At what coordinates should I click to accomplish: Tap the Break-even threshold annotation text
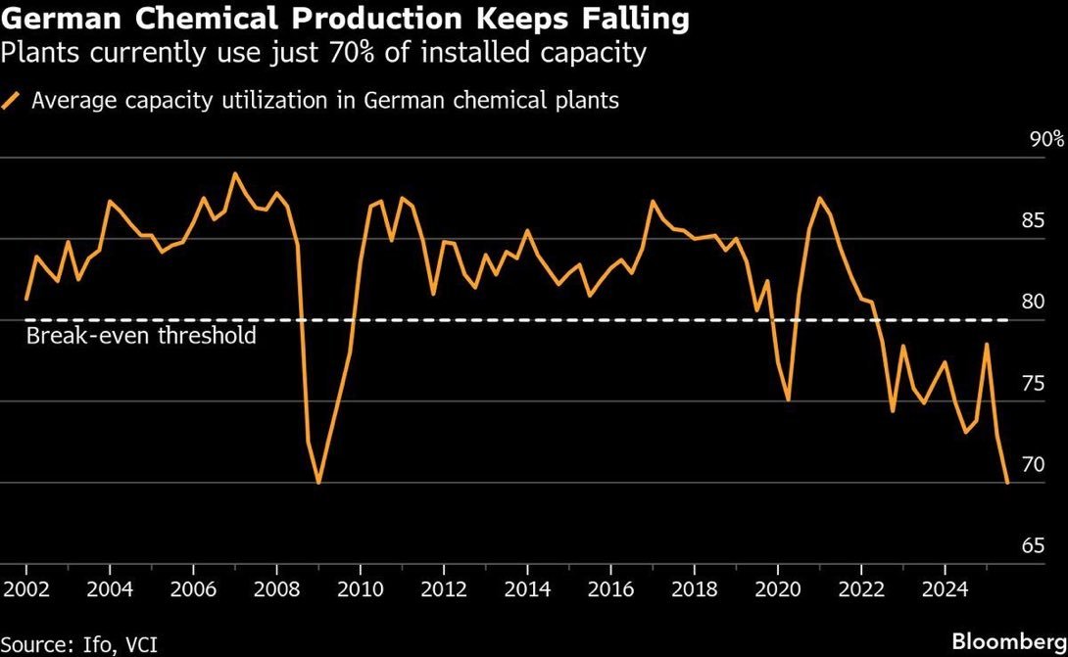coord(141,336)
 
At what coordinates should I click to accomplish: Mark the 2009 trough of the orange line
coord(318,482)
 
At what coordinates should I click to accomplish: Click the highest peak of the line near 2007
coord(234,173)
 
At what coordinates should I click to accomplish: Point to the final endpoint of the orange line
coord(1007,482)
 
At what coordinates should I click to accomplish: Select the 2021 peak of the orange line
coord(819,198)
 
